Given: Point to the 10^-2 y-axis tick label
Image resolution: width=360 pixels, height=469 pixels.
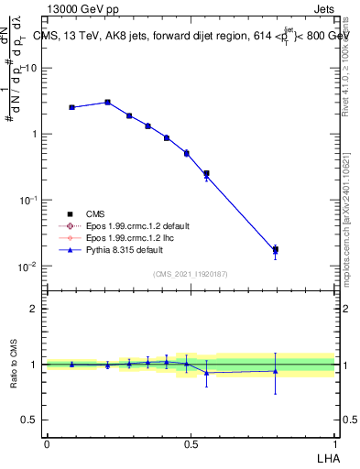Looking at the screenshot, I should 28,267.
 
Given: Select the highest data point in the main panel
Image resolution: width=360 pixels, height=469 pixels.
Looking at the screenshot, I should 107,102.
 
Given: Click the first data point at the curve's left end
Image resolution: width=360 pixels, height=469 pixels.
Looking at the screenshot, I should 71,107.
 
